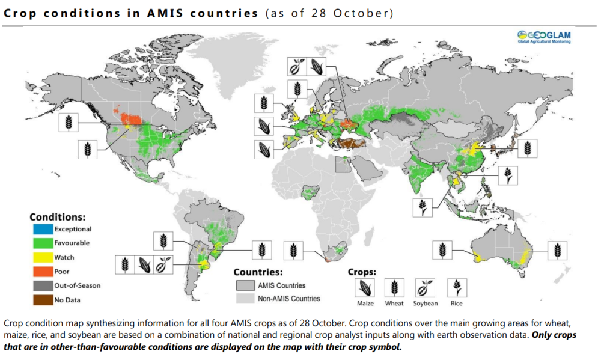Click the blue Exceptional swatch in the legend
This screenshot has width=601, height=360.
[42, 229]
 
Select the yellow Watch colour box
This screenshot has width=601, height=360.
[42, 257]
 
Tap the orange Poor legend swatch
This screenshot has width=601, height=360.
[42, 272]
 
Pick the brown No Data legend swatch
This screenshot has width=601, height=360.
[42, 299]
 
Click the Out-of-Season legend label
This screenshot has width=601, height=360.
[78, 285]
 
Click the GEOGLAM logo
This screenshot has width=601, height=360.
[544, 37]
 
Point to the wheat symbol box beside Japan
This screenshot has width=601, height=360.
[528, 148]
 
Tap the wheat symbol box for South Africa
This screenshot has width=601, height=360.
[292, 249]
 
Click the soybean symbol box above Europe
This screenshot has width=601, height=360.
[296, 66]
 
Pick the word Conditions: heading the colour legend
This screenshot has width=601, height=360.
[58, 216]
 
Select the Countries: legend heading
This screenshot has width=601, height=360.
[258, 272]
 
